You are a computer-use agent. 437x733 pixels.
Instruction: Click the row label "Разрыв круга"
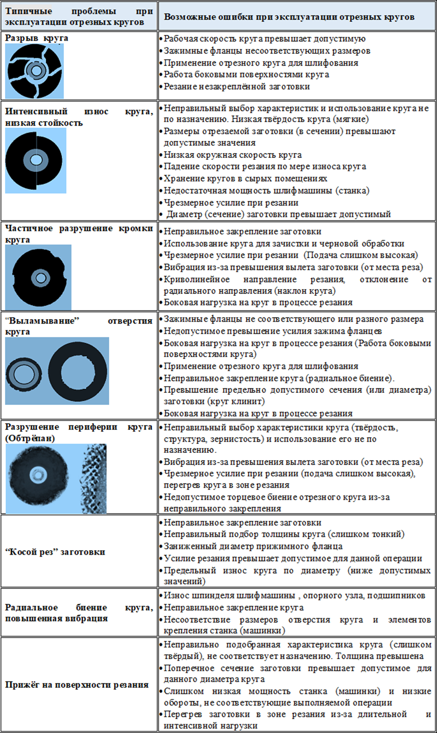[x=37, y=38]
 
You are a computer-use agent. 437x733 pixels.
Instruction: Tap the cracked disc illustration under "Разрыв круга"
[x=35, y=71]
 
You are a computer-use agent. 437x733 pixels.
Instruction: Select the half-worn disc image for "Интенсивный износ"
[x=34, y=160]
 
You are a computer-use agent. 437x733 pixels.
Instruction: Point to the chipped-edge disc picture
[x=39, y=277]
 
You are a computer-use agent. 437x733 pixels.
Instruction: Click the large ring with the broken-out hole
[x=77, y=371]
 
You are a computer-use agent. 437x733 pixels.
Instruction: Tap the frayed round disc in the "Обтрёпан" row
[x=38, y=475]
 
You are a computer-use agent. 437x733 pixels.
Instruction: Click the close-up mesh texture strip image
[x=93, y=478]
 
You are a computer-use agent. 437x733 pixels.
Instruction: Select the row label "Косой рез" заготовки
[x=55, y=552]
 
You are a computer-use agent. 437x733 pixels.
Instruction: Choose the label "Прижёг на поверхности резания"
[x=77, y=685]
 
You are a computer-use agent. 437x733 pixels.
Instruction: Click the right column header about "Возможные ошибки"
[x=289, y=17]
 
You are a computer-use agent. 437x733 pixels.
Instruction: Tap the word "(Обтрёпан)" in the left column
[x=30, y=438]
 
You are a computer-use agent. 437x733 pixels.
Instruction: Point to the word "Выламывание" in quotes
[x=42, y=320]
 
